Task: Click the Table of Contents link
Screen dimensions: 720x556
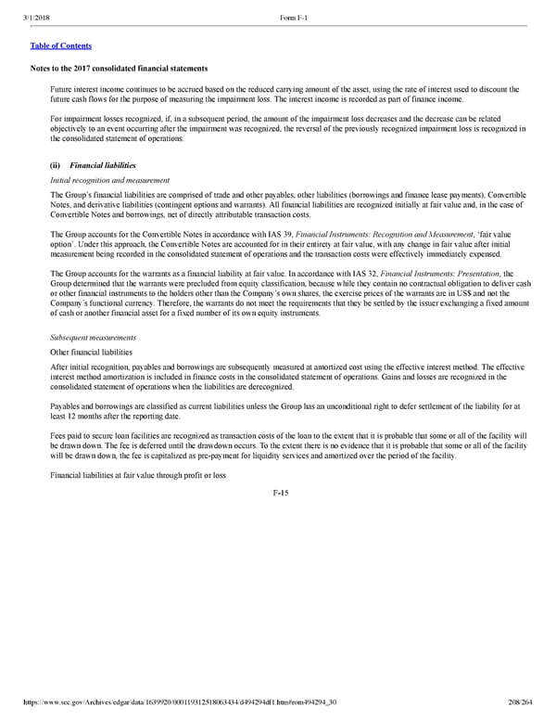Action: click(60, 45)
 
